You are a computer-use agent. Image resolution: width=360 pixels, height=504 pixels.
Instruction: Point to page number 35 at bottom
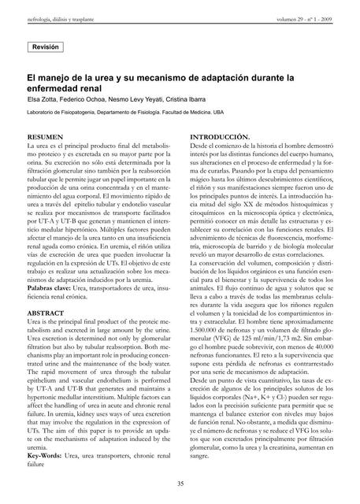(180, 483)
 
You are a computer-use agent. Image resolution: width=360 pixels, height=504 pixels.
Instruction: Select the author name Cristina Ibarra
(185, 100)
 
